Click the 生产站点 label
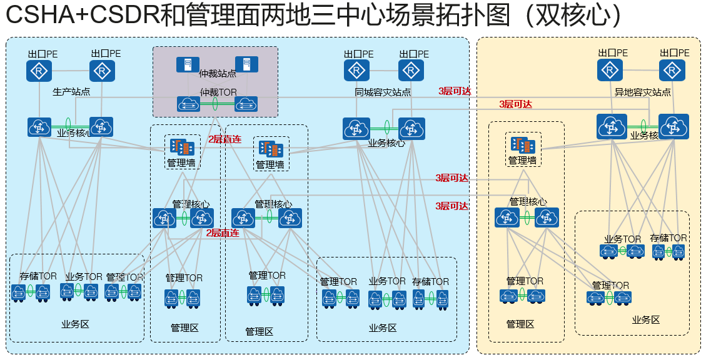coord(71,92)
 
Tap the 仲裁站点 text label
coord(218,74)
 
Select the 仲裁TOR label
coord(218,92)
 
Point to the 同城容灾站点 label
coord(383,92)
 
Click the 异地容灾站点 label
coord(643,92)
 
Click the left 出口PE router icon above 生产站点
coord(39,72)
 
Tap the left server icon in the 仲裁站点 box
coord(184,64)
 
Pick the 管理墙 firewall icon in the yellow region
coord(522,145)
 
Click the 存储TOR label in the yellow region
coord(668,238)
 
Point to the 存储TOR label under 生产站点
coord(38,276)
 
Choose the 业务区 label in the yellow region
coord(646,319)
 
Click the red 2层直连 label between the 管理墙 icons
coord(224,139)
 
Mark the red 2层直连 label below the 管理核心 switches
coord(223,233)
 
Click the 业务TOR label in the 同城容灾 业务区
coord(386,281)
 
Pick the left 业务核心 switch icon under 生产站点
coord(39,127)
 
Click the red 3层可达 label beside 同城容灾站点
coord(455,91)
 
